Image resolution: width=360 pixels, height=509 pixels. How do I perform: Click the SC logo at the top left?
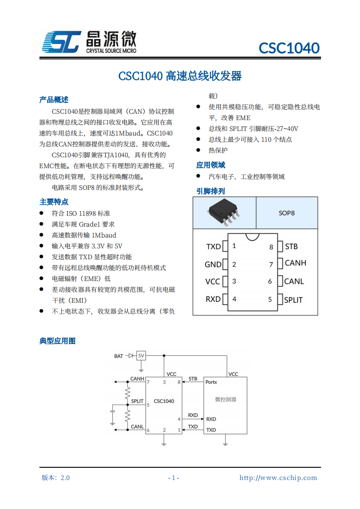click(62, 42)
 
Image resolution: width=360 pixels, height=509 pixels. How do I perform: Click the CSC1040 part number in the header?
click(289, 48)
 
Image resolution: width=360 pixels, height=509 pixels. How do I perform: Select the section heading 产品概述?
click(54, 100)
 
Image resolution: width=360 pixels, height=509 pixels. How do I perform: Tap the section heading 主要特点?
click(54, 202)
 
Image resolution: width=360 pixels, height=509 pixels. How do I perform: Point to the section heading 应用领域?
click(210, 165)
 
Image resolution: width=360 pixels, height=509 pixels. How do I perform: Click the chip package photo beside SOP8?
click(224, 212)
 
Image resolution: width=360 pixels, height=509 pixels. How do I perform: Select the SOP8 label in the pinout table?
click(287, 213)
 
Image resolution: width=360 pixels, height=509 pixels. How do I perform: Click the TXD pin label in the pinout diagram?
click(213, 247)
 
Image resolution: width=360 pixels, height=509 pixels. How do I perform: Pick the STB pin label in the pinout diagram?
click(291, 247)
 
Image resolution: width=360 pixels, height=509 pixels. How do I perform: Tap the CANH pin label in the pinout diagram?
click(295, 263)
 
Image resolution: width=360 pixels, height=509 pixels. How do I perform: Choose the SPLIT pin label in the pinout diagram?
click(293, 300)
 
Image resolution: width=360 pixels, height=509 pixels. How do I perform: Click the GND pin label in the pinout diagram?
click(213, 264)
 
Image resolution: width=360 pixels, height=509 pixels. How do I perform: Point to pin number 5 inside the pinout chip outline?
click(270, 299)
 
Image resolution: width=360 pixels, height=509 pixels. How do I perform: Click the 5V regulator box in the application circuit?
click(141, 356)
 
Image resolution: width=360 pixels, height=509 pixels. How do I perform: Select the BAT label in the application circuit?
click(118, 356)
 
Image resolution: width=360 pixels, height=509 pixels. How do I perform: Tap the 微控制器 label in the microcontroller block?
click(225, 399)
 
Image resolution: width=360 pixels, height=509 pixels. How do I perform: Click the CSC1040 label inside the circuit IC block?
click(164, 401)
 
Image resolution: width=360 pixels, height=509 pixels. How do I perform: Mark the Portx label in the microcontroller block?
click(211, 382)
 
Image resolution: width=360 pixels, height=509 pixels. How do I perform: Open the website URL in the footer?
click(278, 478)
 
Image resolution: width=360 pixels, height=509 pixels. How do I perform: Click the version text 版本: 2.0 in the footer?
click(56, 478)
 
